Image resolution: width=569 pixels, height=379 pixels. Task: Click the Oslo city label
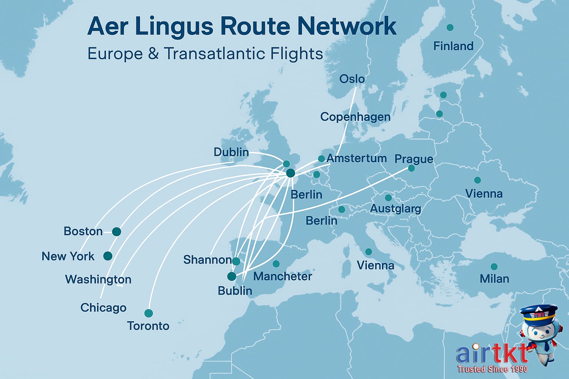click(352, 79)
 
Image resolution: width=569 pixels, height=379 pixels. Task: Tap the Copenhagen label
click(355, 117)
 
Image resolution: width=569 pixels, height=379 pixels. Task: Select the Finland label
click(453, 46)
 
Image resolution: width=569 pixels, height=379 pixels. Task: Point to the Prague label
click(414, 159)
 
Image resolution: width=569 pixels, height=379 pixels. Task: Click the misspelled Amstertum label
click(357, 158)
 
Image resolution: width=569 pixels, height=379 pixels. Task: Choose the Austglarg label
click(396, 209)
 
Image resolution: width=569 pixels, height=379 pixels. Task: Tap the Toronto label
click(148, 326)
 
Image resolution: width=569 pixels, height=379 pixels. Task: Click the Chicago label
click(103, 308)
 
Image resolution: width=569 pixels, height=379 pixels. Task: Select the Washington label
click(98, 279)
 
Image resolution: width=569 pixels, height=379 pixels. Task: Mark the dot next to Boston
click(117, 232)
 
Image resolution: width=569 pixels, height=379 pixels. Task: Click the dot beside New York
click(108, 256)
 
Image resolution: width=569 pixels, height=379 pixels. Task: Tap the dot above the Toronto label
click(149, 313)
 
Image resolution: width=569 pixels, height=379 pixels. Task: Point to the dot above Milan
click(494, 266)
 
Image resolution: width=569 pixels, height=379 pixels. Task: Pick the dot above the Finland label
click(450, 27)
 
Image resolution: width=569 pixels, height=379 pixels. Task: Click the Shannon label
click(207, 260)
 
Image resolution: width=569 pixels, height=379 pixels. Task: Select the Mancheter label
click(283, 276)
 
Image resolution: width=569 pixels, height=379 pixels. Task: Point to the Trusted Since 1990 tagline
click(492, 369)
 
